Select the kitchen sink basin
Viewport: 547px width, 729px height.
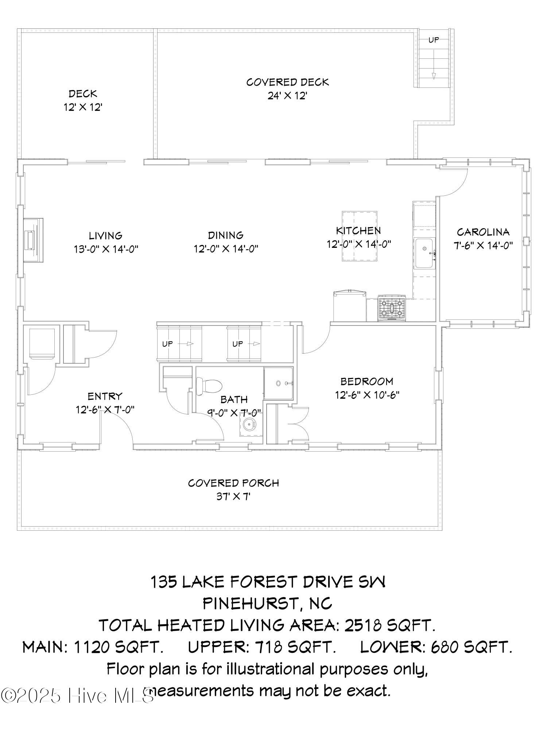[424, 253]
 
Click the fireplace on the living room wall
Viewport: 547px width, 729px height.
[33, 240]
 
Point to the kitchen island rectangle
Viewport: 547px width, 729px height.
[359, 236]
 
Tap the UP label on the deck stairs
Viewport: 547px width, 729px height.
[434, 40]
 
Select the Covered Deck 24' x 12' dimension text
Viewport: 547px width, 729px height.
[288, 96]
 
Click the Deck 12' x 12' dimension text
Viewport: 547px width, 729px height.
[83, 108]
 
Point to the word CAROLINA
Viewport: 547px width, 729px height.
[483, 232]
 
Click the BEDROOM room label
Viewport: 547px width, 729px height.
[367, 381]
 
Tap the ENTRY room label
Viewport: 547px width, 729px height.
[105, 396]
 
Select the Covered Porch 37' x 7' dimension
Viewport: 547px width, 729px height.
[233, 496]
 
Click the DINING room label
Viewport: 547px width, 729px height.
[226, 235]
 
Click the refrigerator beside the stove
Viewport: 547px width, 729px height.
[349, 305]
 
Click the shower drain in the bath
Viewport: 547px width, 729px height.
[278, 383]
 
